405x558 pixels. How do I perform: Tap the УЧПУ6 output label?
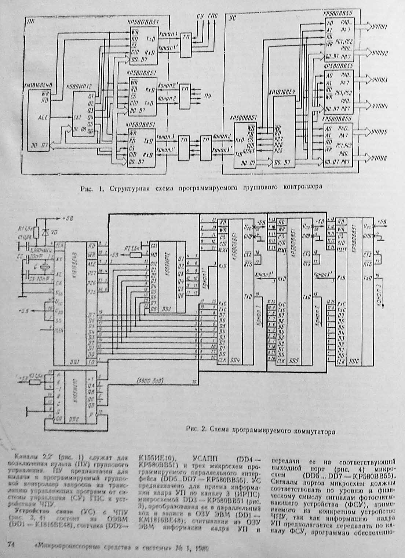[x=380, y=158]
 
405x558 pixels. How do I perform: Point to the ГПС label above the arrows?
[x=212, y=16]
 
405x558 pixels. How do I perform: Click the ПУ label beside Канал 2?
[x=208, y=96]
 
